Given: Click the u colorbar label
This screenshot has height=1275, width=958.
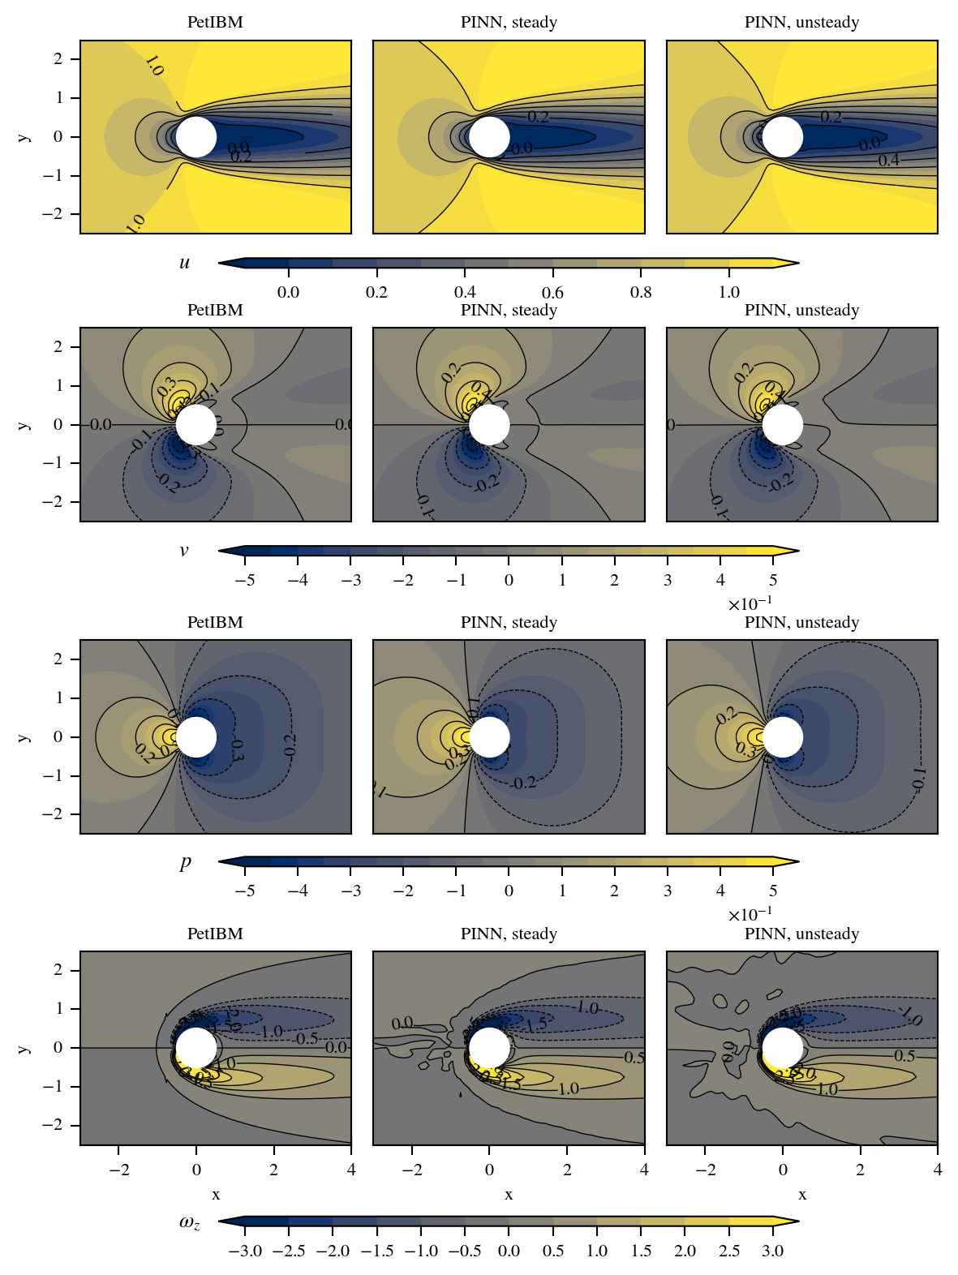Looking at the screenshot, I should point(185,263).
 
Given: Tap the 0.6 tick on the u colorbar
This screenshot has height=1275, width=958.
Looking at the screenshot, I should point(552,293).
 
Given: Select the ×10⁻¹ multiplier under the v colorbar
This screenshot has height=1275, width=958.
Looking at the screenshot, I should point(750,604).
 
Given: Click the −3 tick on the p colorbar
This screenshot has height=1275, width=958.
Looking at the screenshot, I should point(350,891).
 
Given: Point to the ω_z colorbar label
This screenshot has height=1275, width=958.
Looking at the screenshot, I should point(189,1222).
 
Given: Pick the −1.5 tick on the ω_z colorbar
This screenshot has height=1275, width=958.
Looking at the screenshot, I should point(376,1251).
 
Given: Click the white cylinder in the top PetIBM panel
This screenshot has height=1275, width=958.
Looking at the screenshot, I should point(196,136).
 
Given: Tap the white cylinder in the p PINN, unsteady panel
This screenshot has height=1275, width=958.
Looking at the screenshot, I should point(783,736).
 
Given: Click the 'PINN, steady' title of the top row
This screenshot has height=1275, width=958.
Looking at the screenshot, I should point(509,23).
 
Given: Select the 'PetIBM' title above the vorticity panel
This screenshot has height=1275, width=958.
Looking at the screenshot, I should point(215,934).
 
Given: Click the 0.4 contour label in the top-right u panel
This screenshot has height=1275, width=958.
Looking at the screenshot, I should point(889,161).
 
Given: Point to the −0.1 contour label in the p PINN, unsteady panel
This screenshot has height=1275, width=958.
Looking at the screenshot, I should point(919,779).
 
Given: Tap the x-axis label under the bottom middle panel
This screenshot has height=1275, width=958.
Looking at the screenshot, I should point(509,1195).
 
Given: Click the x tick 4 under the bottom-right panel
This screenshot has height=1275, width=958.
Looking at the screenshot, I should point(938,1170).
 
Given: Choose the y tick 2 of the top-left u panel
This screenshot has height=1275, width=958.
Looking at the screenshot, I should point(58,59).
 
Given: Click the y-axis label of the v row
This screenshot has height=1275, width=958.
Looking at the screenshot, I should point(24,424).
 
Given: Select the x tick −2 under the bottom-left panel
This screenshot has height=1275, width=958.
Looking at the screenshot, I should point(118,1170).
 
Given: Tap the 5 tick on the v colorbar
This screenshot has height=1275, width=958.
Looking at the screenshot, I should point(773,581).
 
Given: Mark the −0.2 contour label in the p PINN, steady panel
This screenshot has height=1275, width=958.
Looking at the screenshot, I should point(525,783).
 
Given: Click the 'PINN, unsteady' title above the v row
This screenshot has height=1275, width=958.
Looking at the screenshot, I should point(801,311).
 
